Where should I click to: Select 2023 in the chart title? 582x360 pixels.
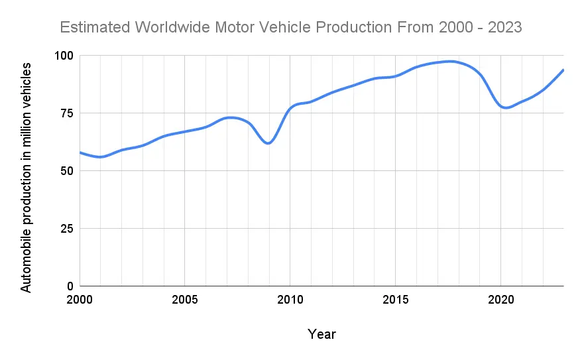click(503, 28)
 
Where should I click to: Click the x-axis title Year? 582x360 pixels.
click(321, 334)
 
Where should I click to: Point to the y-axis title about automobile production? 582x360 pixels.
click(26, 177)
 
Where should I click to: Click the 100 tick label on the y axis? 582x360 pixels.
click(64, 56)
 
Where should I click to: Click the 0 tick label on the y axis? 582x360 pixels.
click(70, 286)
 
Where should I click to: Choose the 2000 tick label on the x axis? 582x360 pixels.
click(80, 300)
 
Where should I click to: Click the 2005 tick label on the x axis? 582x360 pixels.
click(184, 300)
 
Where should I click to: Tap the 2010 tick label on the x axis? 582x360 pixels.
click(290, 300)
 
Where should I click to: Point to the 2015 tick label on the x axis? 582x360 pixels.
click(395, 300)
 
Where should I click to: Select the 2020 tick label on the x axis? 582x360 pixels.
click(500, 300)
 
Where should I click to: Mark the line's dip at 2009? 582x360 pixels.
click(268, 143)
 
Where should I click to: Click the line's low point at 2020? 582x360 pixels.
click(506, 108)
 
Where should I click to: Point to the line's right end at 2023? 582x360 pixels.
click(563, 70)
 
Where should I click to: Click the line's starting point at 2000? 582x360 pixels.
click(80, 152)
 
